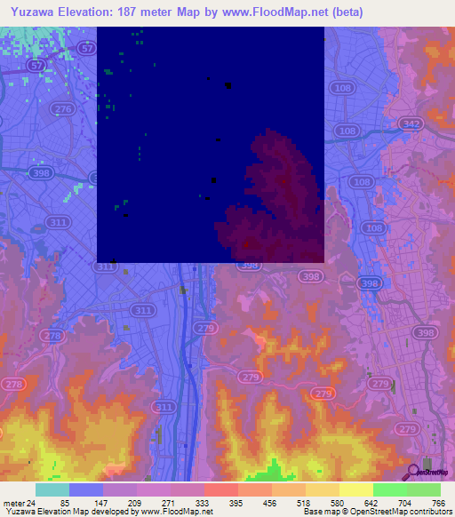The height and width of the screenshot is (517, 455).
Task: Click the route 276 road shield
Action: pos(62,108)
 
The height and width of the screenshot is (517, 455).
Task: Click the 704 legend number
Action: pos(402,502)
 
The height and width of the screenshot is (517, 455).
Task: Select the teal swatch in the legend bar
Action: pos(52,489)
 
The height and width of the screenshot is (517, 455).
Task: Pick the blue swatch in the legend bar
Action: pos(85,489)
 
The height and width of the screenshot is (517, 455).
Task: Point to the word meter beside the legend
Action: pos(13,502)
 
